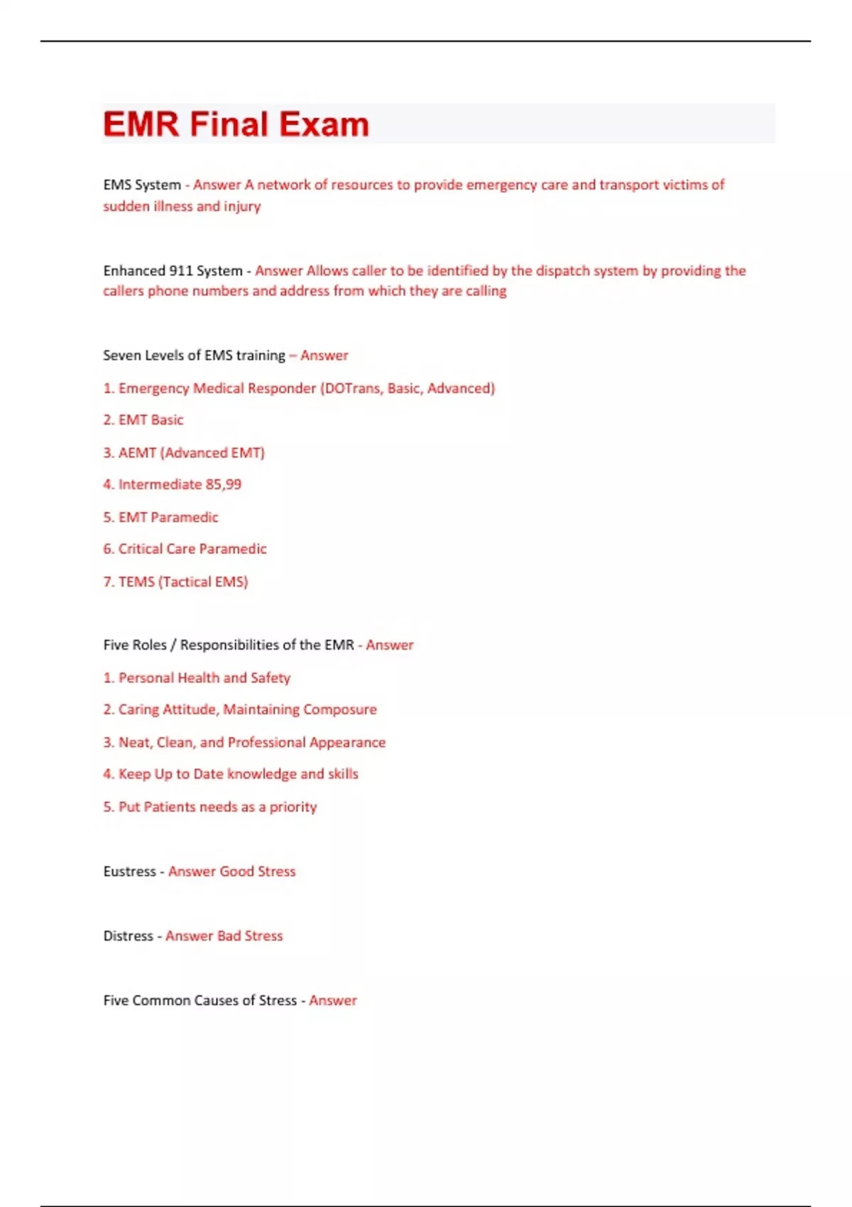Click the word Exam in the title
[324, 124]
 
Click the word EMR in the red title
[141, 124]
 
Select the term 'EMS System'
[142, 185]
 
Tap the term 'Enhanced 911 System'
[173, 271]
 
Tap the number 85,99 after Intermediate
[223, 484]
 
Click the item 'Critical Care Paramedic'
[192, 549]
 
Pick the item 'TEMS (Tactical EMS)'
[183, 581]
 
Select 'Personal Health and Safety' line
[204, 677]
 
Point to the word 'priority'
[293, 807]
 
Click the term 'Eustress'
[129, 871]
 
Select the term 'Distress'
[128, 936]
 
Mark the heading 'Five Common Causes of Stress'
[200, 1000]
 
